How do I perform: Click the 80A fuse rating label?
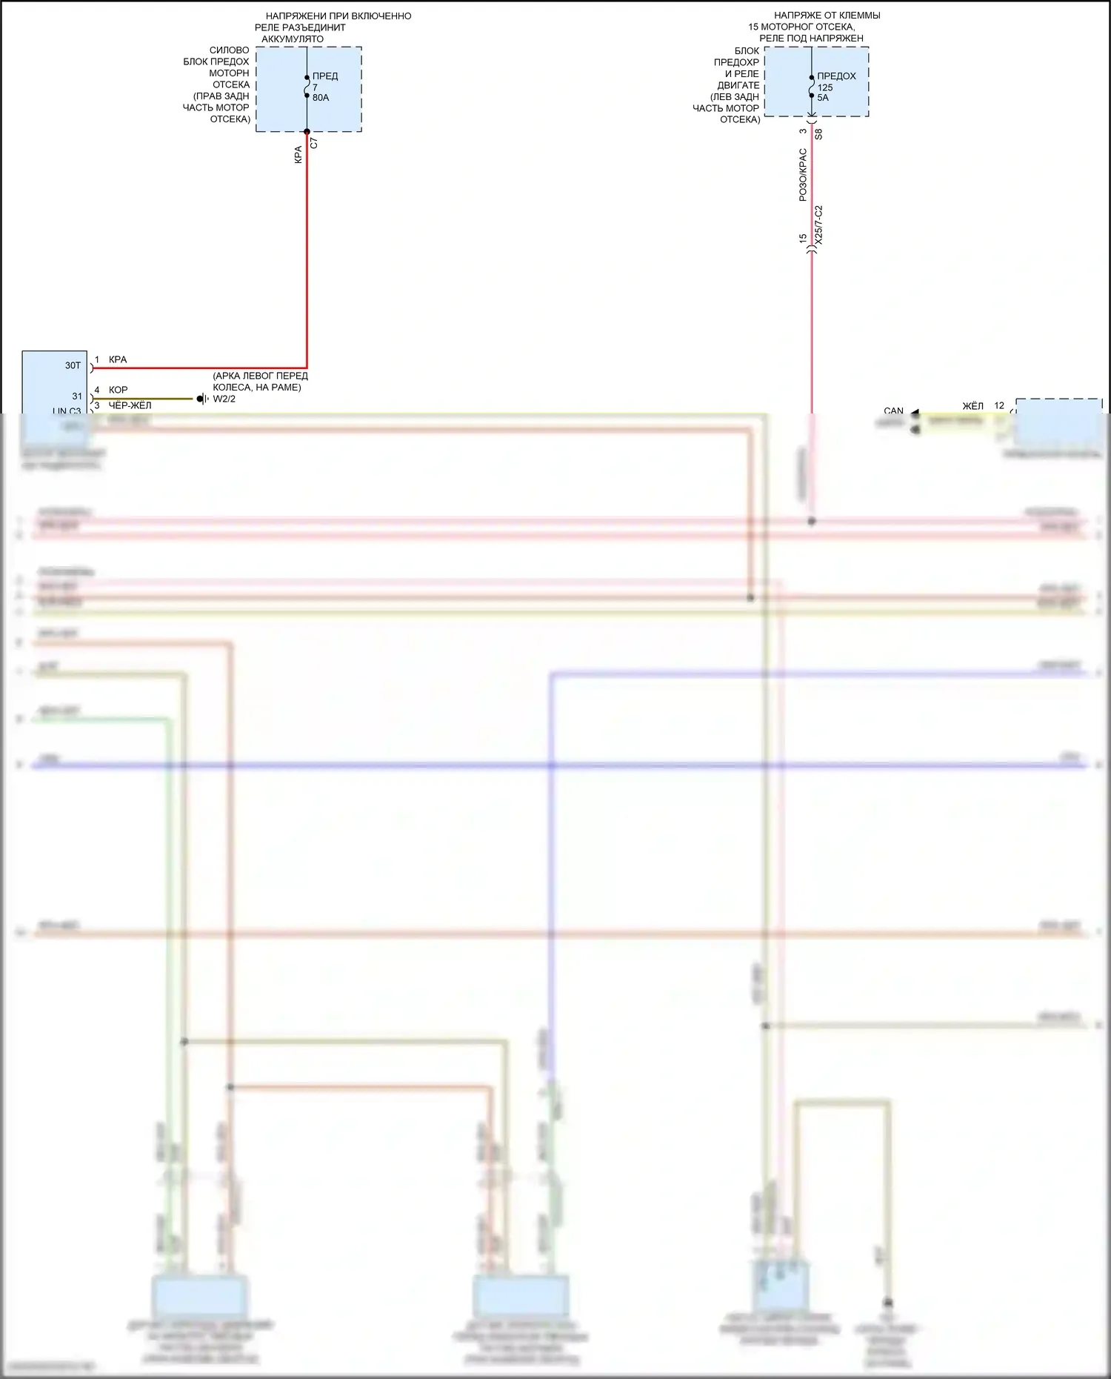pyautogui.click(x=320, y=98)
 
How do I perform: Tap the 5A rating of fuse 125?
pyautogui.click(x=823, y=98)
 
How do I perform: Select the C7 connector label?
pyautogui.click(x=314, y=143)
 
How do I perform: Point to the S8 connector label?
pyautogui.click(x=818, y=135)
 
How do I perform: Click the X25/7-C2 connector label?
pyautogui.click(x=818, y=225)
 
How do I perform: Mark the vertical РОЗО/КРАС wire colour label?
pyautogui.click(x=803, y=175)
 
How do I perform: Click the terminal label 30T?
pyautogui.click(x=73, y=365)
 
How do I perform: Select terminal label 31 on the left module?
pyautogui.click(x=77, y=396)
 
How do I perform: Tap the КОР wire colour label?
pyautogui.click(x=119, y=390)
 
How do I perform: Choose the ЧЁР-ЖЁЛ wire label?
pyautogui.click(x=130, y=405)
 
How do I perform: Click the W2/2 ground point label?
pyautogui.click(x=224, y=399)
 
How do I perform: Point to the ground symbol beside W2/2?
pyautogui.click(x=202, y=399)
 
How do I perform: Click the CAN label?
pyautogui.click(x=893, y=411)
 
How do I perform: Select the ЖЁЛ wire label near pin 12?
pyautogui.click(x=972, y=406)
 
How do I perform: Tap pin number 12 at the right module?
pyautogui.click(x=999, y=406)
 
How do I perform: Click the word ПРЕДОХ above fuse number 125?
pyautogui.click(x=836, y=76)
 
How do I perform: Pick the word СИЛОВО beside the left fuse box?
pyautogui.click(x=230, y=50)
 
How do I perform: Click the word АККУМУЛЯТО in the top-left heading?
pyautogui.click(x=293, y=39)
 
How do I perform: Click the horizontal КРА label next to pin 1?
pyautogui.click(x=118, y=359)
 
